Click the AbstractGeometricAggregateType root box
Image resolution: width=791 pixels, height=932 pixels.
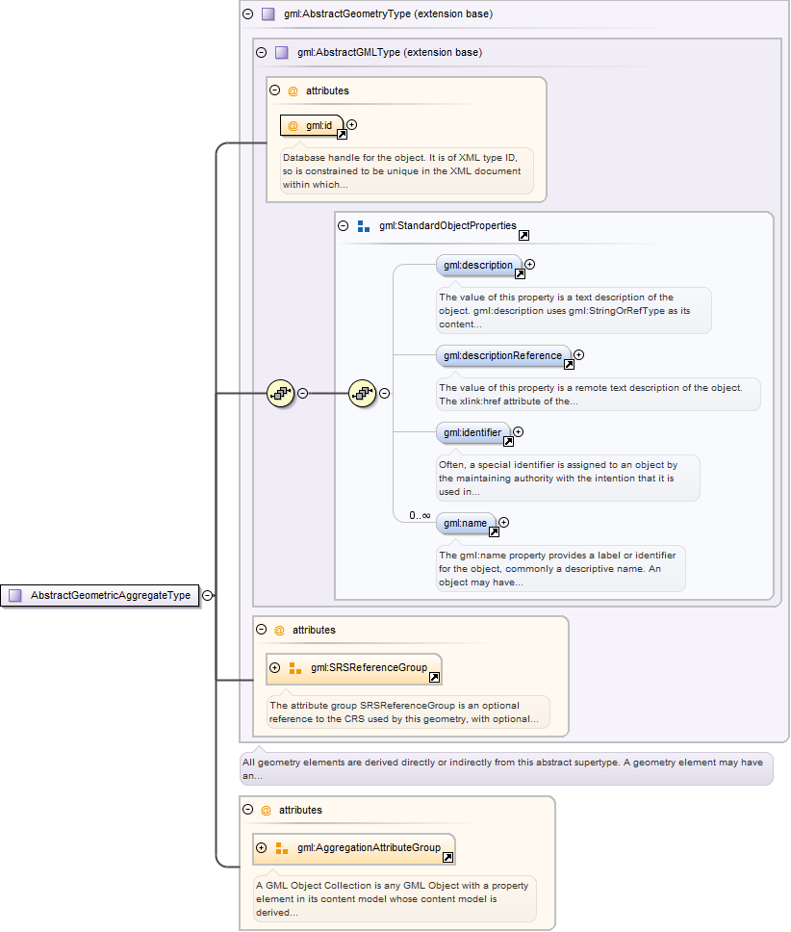pos(100,596)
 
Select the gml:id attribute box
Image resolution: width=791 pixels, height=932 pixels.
pos(312,125)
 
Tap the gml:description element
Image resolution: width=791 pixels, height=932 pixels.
pos(478,265)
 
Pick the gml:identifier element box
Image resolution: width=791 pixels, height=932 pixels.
pos(472,432)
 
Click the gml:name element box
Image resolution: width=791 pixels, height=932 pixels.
pos(466,523)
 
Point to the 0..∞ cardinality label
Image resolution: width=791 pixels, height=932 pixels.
pos(420,515)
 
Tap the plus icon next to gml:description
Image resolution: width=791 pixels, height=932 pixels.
pos(529,264)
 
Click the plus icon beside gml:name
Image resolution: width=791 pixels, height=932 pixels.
pos(503,523)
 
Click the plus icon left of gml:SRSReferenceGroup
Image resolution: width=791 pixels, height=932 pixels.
pos(275,667)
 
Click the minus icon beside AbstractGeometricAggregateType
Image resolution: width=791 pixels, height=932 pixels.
pos(208,596)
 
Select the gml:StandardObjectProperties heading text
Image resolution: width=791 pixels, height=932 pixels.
pos(447,226)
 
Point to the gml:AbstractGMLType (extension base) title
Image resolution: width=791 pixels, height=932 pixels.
pos(390,52)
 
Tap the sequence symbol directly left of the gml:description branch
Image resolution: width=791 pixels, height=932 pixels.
pos(363,393)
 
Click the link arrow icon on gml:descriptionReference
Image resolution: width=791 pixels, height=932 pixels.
pos(569,365)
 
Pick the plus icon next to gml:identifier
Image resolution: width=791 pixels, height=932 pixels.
pos(519,432)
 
